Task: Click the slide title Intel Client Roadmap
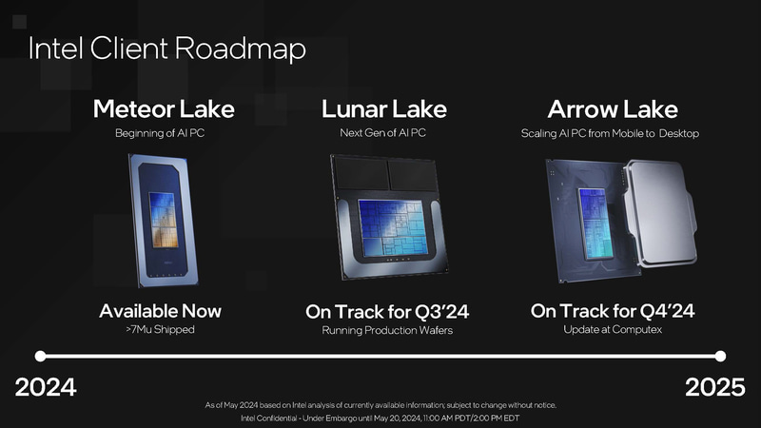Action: [x=166, y=49]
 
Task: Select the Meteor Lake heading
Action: [x=164, y=109]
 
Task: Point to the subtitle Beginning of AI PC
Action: [x=160, y=133]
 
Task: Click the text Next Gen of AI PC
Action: [x=382, y=133]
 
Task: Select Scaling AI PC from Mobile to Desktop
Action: [x=610, y=133]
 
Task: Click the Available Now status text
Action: [x=160, y=311]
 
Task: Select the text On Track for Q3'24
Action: [x=387, y=312]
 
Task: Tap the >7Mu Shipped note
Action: [x=160, y=330]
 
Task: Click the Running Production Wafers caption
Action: [x=387, y=331]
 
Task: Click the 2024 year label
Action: [x=46, y=388]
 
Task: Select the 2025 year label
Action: [x=715, y=388]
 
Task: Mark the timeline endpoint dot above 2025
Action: [x=720, y=357]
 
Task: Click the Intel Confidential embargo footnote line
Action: [x=380, y=418]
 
